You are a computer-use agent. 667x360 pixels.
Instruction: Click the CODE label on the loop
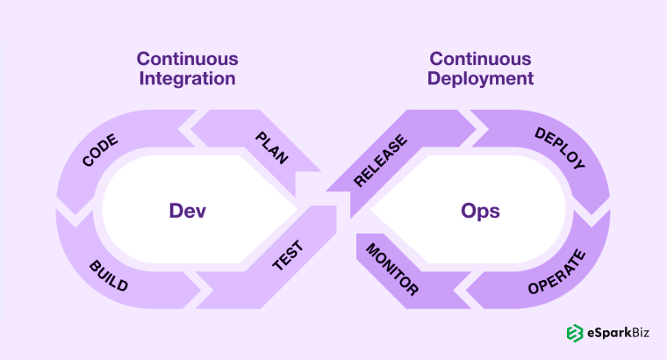coord(100,150)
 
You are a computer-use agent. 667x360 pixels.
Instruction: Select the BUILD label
coord(108,275)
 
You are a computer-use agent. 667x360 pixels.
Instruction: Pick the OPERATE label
coord(556,277)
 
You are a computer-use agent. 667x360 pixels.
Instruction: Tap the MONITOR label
coord(392,268)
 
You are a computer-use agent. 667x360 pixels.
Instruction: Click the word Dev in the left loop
coord(187,212)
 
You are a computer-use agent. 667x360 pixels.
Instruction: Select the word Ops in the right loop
coord(479,212)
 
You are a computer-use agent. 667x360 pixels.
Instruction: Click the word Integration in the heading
coord(186,78)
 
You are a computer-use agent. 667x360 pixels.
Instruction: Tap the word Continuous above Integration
coord(186,59)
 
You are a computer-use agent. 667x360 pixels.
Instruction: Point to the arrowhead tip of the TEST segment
coord(336,209)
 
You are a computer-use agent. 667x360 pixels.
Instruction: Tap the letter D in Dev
coord(175,212)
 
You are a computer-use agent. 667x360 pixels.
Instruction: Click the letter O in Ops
coord(468,212)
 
